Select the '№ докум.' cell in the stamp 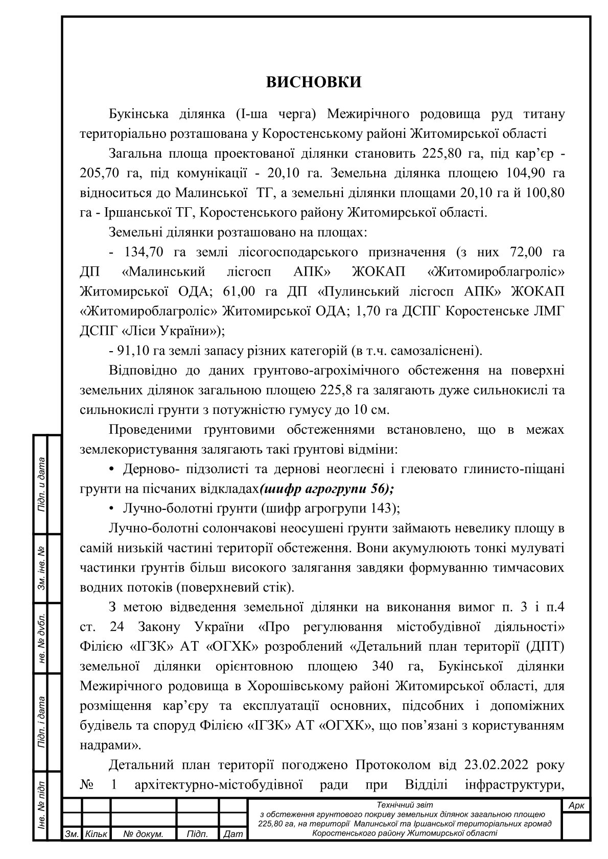[x=143, y=834]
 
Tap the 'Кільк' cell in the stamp [x=96, y=834]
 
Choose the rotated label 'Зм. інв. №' [x=42, y=568]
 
